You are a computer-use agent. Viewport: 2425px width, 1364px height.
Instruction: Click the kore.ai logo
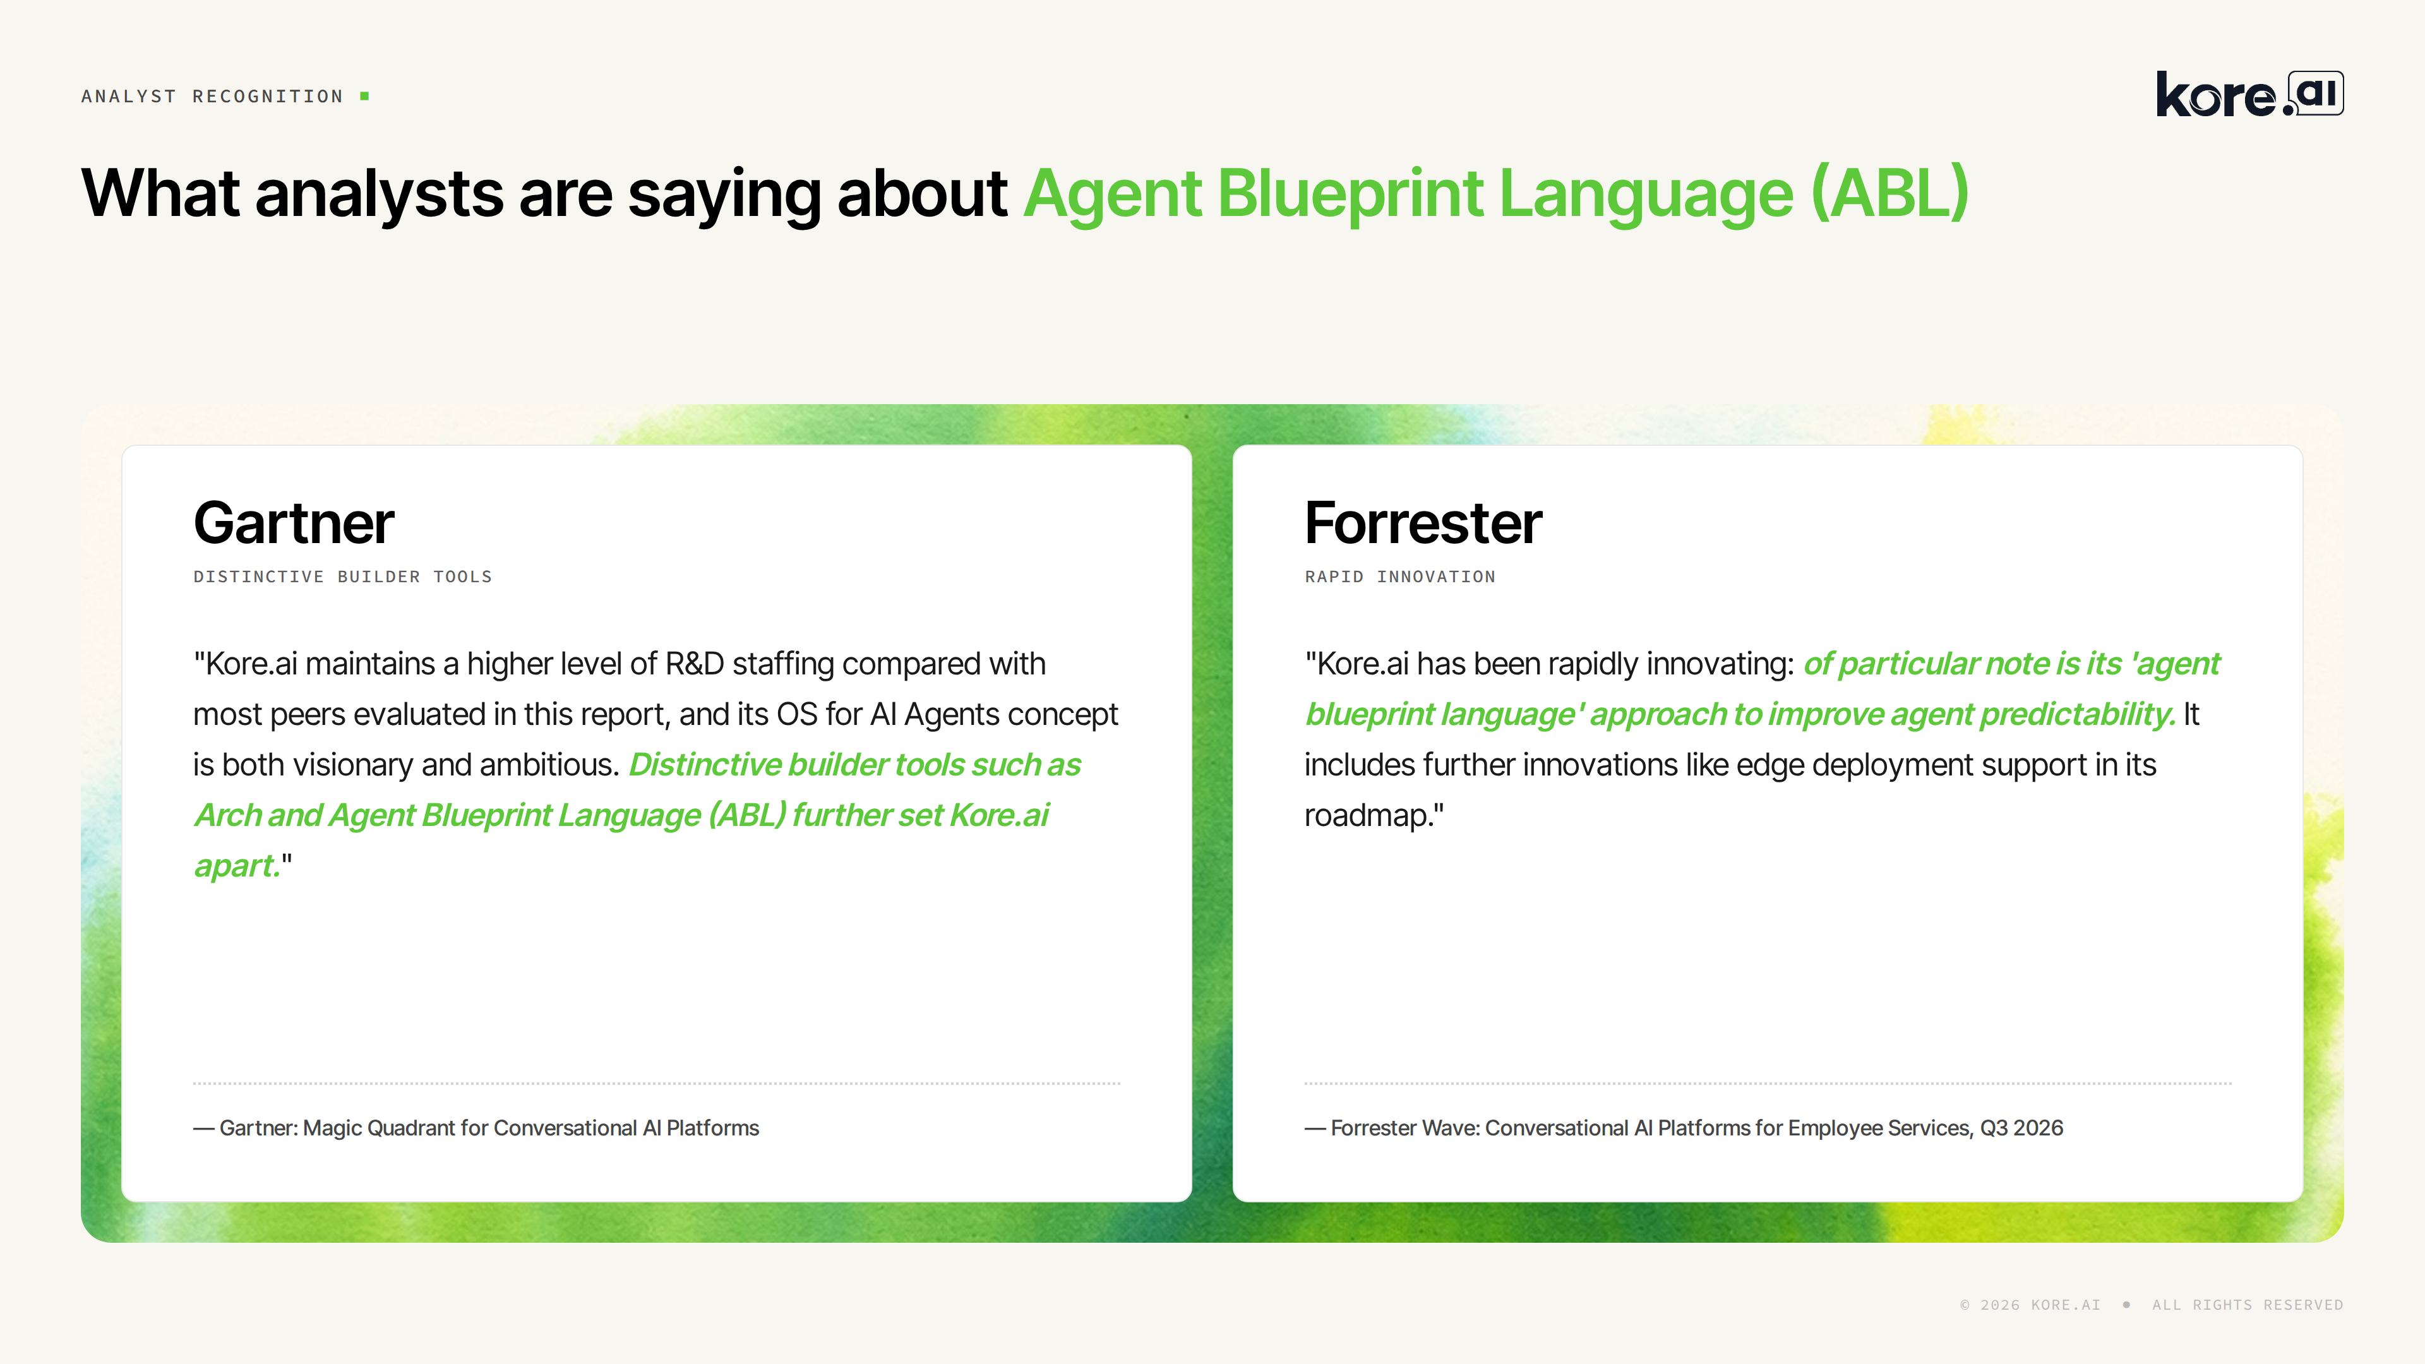tap(2249, 94)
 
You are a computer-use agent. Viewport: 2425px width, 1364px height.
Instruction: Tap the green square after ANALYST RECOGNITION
tap(364, 96)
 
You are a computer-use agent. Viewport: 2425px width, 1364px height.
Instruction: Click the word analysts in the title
tap(380, 194)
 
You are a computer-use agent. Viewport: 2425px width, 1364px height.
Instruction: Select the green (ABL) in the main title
tap(1889, 194)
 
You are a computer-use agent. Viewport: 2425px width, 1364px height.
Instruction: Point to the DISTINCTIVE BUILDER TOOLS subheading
tap(343, 576)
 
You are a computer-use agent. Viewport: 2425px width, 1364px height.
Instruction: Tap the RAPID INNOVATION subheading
tap(1400, 576)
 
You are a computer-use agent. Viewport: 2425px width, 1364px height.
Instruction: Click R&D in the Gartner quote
tap(695, 664)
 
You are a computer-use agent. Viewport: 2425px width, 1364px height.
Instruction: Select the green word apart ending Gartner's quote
tap(236, 866)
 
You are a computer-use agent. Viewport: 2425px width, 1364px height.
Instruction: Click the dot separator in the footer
tap(2126, 1305)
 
